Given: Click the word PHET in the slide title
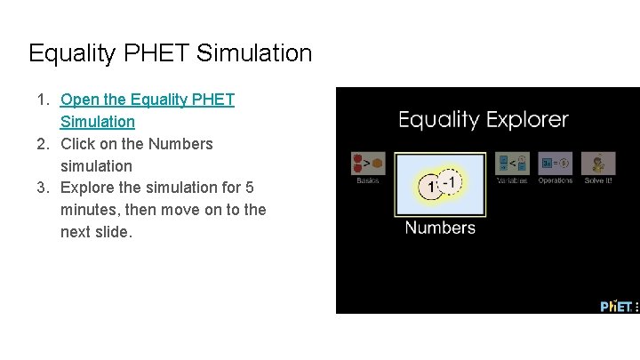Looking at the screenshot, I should (x=159, y=54).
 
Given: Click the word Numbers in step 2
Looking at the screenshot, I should (x=180, y=144).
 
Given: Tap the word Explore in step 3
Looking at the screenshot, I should (x=87, y=188).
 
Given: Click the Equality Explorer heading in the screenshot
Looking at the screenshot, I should (x=483, y=119).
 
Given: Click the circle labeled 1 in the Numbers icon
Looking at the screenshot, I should (x=431, y=187).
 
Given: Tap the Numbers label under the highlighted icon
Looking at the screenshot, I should (x=440, y=228).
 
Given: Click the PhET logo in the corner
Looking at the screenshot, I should (x=615, y=306).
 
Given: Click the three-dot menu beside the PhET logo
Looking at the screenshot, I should (x=636, y=307).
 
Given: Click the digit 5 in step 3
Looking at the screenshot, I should (x=250, y=188).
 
